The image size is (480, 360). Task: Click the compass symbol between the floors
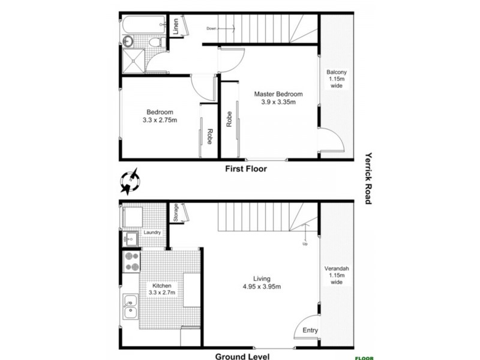[x=130, y=181]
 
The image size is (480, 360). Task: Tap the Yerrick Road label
[x=369, y=177]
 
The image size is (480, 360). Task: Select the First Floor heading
[x=245, y=169]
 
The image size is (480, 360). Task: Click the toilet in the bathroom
[x=154, y=41]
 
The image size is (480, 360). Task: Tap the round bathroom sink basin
[x=128, y=41]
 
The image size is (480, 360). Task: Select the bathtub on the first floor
[x=143, y=25]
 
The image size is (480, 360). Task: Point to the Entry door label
[x=310, y=331]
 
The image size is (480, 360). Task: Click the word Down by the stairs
[x=211, y=28]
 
